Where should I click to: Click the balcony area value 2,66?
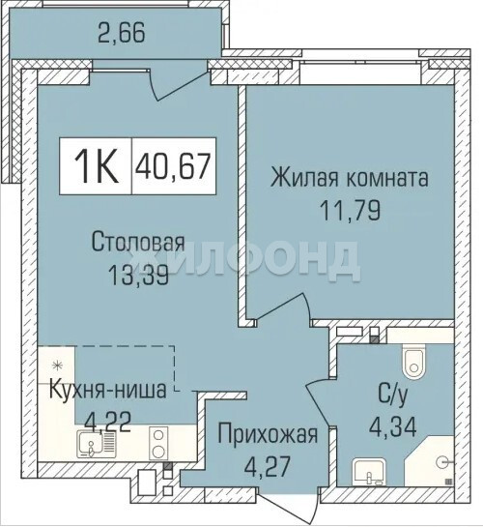[x=122, y=33]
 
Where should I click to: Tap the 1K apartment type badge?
[x=96, y=166]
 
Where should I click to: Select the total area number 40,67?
[x=173, y=166]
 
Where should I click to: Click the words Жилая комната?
[x=350, y=178]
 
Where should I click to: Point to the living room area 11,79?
[x=350, y=210]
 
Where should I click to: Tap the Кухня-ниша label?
[x=108, y=390]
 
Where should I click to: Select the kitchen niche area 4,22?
[x=107, y=423]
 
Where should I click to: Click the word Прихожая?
[x=268, y=434]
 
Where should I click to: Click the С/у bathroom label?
[x=393, y=395]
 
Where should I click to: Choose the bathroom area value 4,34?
[x=393, y=426]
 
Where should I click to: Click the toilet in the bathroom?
[x=414, y=362]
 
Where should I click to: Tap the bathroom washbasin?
[x=369, y=471]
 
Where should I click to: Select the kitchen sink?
[x=97, y=444]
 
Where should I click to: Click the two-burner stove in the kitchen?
[x=158, y=443]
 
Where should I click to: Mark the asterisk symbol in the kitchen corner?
[x=57, y=366]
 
